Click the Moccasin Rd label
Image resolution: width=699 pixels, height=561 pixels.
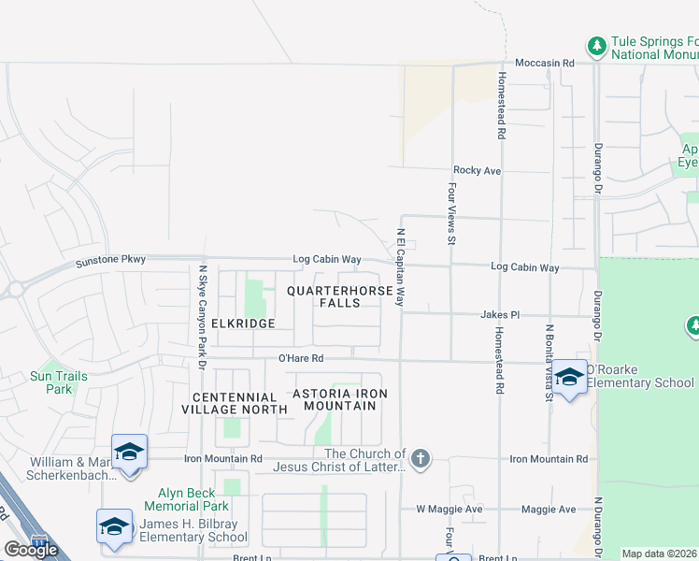(x=542, y=62)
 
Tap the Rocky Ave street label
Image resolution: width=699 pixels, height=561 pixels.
(x=477, y=170)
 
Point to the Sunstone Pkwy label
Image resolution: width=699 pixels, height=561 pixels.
(x=111, y=260)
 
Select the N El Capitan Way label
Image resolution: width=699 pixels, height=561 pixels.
(x=400, y=267)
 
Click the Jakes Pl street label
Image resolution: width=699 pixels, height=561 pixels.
(x=499, y=315)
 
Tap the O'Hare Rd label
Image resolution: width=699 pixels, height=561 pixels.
(x=300, y=358)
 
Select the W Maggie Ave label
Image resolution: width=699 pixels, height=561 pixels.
(x=449, y=509)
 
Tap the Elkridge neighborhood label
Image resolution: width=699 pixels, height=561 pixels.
(x=243, y=324)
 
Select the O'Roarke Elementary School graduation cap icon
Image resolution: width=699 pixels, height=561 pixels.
(x=569, y=376)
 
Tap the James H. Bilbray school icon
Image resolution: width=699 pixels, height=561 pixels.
(x=114, y=525)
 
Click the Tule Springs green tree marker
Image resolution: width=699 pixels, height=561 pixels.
(x=596, y=45)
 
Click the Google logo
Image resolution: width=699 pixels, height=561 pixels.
(x=31, y=550)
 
